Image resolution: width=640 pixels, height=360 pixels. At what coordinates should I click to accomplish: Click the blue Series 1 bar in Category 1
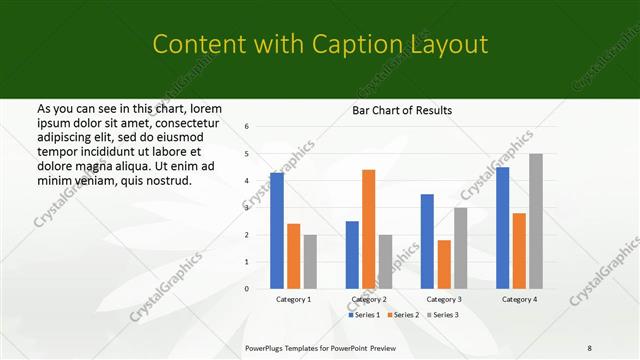click(x=277, y=231)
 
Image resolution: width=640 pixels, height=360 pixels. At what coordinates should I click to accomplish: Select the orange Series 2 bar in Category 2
click(x=368, y=229)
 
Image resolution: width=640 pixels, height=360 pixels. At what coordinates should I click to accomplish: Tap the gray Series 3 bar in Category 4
click(x=536, y=221)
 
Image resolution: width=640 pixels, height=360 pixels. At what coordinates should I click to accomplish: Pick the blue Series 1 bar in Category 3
click(x=427, y=241)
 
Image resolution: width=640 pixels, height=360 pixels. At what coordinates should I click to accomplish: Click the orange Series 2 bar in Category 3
click(x=444, y=264)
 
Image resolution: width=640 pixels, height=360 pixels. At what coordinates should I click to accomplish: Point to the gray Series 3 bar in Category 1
click(x=310, y=261)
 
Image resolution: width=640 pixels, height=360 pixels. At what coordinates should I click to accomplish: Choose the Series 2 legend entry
click(x=406, y=315)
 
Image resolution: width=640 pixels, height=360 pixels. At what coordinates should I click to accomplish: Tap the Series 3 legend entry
click(x=445, y=315)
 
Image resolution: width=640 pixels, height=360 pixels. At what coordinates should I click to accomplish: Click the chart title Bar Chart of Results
click(x=402, y=110)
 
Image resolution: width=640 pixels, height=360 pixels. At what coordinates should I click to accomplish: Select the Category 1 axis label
click(x=293, y=299)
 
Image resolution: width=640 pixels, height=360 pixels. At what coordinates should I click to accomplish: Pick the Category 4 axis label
click(x=519, y=299)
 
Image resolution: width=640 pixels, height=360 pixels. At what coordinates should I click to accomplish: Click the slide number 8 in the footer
click(x=590, y=348)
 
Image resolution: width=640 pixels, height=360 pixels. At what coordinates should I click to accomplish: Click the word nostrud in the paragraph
click(x=164, y=181)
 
